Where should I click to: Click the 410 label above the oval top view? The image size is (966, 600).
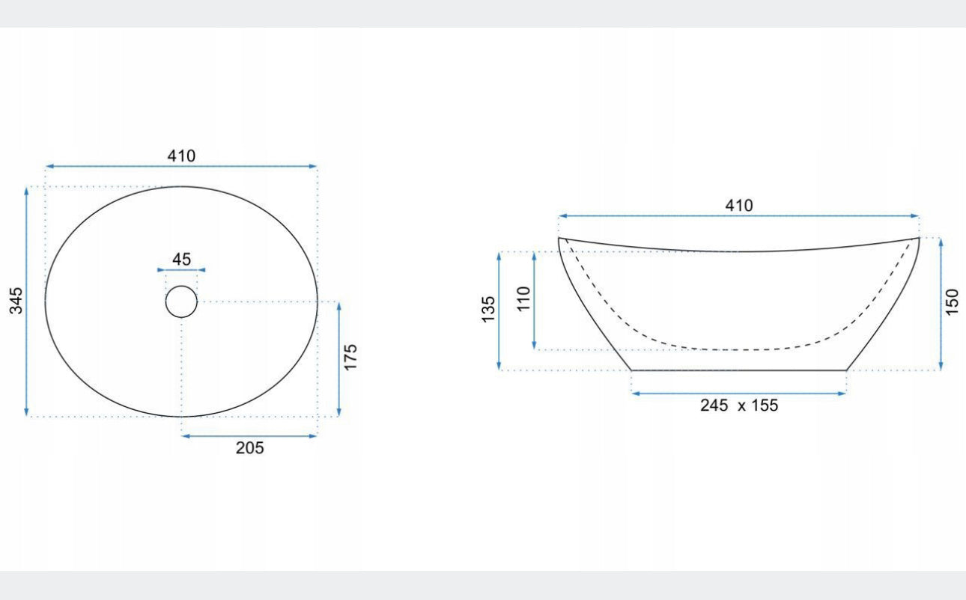(181, 156)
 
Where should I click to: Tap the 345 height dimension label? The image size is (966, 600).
(16, 301)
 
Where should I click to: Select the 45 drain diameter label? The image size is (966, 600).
(181, 260)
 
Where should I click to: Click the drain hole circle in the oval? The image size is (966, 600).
(181, 286)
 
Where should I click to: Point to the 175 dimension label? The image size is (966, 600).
(350, 357)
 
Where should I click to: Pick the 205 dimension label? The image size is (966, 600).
(249, 448)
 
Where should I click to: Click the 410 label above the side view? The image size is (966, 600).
(739, 206)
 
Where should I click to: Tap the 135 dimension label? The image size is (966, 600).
(487, 309)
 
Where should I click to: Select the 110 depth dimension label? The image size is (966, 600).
(523, 299)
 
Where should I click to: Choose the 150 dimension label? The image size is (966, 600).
(952, 302)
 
